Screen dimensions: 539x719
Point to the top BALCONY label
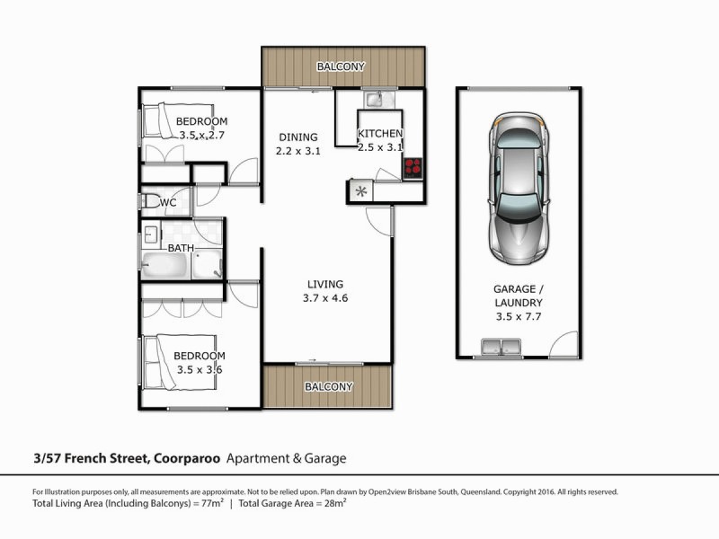click(341, 66)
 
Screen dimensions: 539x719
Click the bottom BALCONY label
click(328, 387)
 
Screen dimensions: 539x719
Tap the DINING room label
click(297, 137)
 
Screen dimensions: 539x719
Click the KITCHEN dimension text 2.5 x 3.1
click(380, 147)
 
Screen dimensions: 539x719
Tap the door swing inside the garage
click(564, 344)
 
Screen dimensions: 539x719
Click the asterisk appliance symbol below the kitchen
click(360, 190)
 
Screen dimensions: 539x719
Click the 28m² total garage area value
click(336, 504)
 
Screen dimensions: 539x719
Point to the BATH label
click(182, 247)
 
